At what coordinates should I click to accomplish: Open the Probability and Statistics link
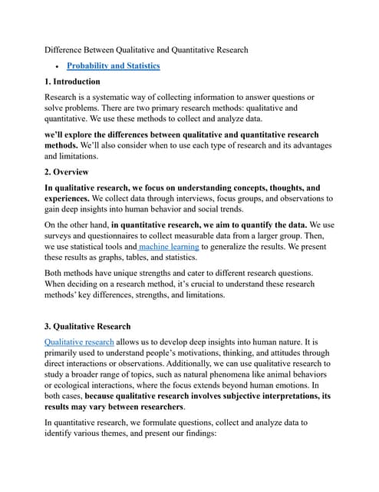click(114, 66)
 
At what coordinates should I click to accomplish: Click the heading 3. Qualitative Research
click(87, 326)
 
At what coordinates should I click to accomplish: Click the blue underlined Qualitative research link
click(79, 341)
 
